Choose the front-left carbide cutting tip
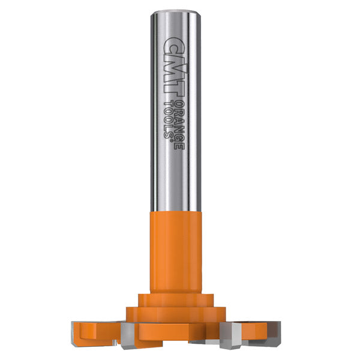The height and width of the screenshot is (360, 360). [x=129, y=336]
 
